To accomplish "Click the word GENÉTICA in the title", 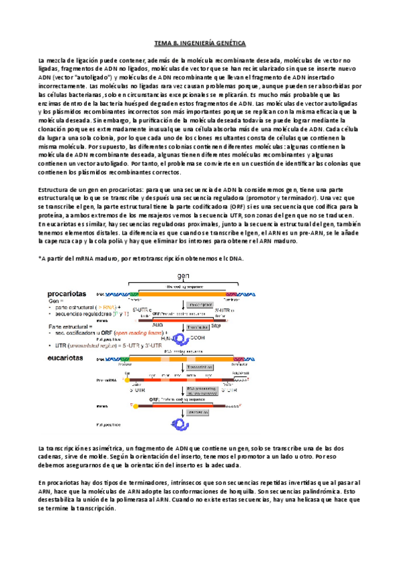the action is coord(227,43).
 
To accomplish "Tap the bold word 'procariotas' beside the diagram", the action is coord(70,293).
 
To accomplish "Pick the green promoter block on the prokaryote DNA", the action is coord(134,294).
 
